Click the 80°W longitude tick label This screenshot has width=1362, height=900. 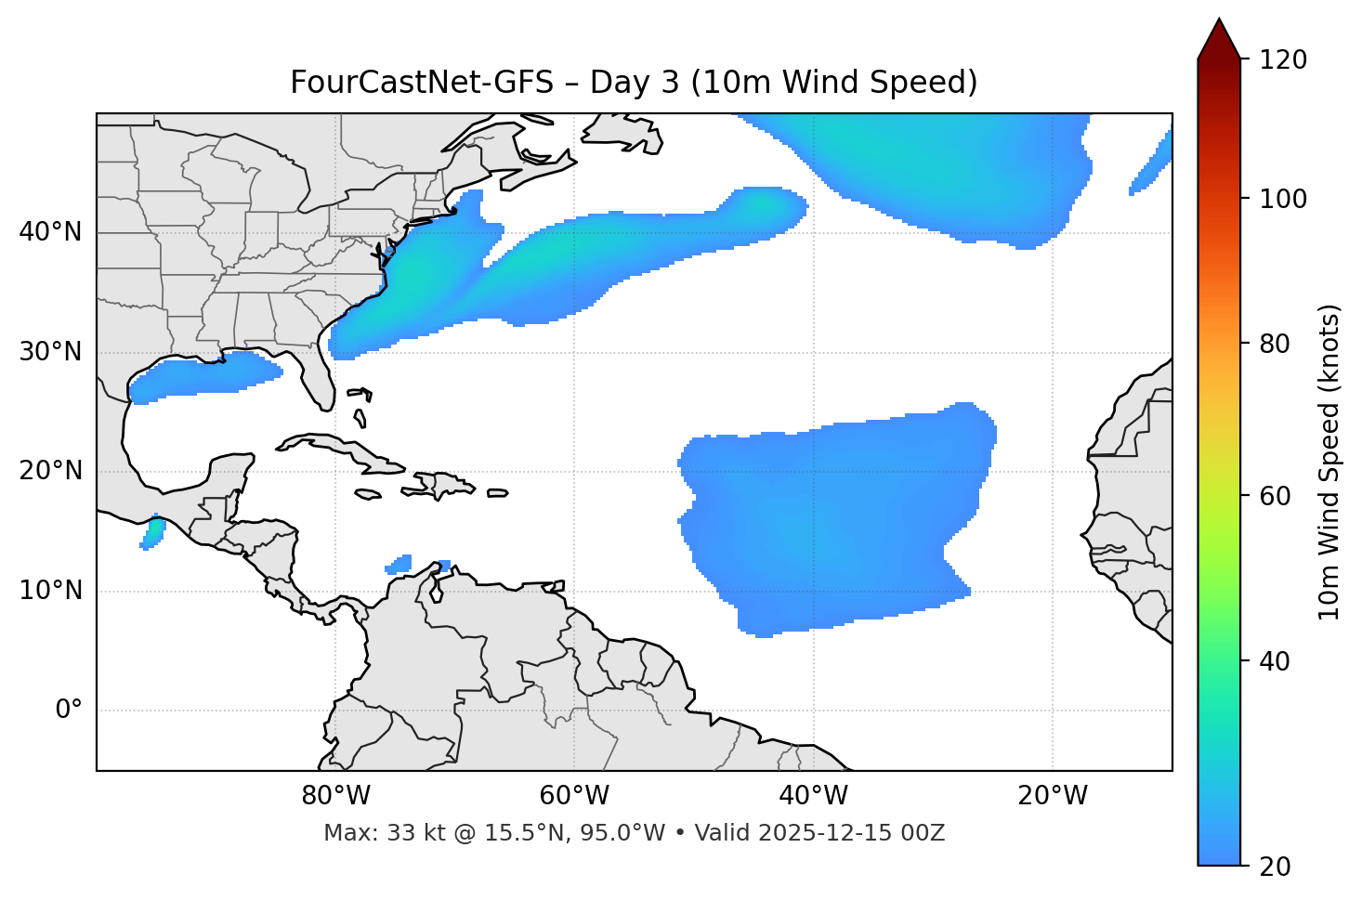pyautogui.click(x=335, y=796)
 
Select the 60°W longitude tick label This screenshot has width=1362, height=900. pyautogui.click(x=573, y=796)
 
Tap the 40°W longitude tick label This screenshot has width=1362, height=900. pyautogui.click(x=813, y=796)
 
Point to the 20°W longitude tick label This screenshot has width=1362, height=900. pyautogui.click(x=1052, y=796)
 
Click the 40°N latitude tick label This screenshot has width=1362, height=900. pyautogui.click(x=50, y=232)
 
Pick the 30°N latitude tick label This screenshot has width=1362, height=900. pyautogui.click(x=50, y=353)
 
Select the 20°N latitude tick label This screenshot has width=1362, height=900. pyautogui.click(x=50, y=472)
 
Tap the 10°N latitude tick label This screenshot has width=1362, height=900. pyautogui.click(x=50, y=591)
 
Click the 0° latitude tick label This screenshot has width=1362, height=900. pyautogui.click(x=69, y=711)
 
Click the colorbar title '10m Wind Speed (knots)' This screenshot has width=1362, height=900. pyautogui.click(x=1330, y=462)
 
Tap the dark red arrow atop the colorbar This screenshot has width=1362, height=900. pyautogui.click(x=1219, y=39)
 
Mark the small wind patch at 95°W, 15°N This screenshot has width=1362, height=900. pyautogui.click(x=153, y=532)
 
